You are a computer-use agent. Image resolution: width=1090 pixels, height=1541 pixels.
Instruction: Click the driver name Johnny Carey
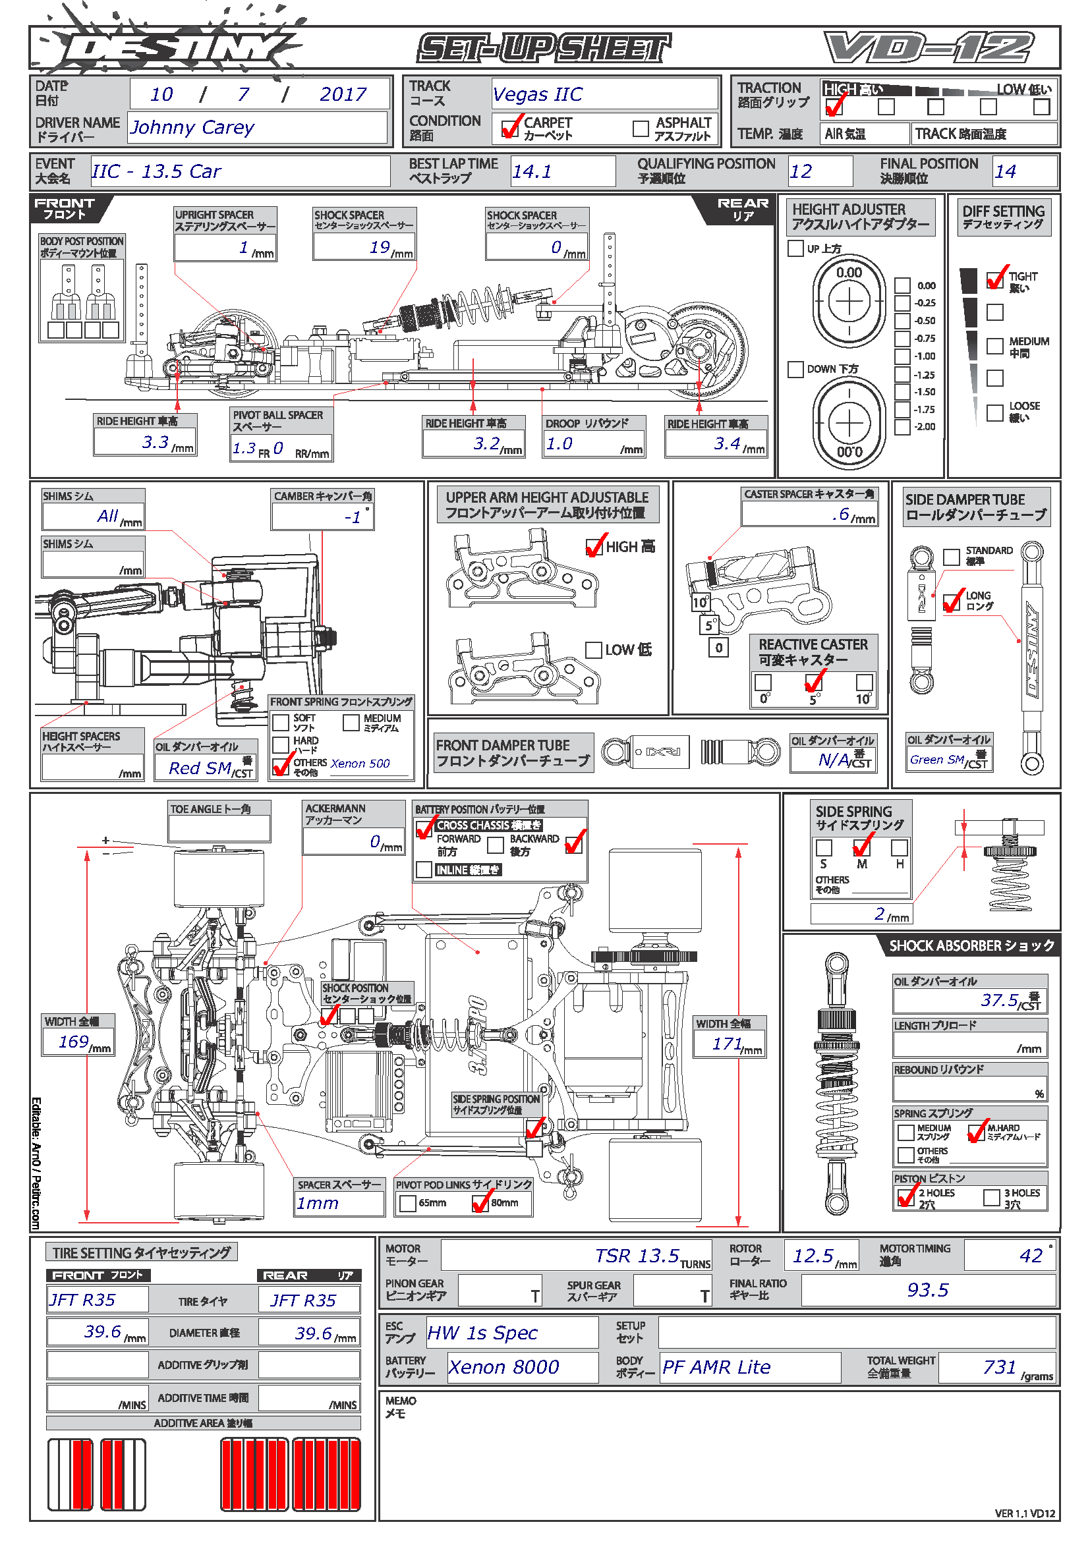[x=192, y=127]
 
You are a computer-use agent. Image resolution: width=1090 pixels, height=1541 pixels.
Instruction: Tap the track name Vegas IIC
[x=538, y=94]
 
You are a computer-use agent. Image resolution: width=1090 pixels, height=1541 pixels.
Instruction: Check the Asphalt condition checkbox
[x=641, y=128]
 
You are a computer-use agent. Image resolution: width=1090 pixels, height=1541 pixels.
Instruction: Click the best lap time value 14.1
[x=532, y=171]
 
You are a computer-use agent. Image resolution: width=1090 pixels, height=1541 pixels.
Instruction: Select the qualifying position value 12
[x=801, y=171]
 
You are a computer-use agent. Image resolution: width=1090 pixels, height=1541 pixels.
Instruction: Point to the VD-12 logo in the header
[x=930, y=47]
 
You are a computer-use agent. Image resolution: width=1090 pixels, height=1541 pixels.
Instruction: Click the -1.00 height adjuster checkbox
[x=902, y=356]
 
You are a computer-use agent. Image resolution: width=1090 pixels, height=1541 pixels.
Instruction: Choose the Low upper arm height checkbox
[x=593, y=650]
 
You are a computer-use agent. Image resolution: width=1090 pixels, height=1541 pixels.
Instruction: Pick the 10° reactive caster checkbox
[x=865, y=682]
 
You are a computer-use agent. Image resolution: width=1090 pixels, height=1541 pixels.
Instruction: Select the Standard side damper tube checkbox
[x=951, y=557]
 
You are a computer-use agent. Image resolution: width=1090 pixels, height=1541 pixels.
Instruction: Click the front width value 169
[x=74, y=1042]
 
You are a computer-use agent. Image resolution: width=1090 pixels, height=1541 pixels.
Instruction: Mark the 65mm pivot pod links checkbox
[x=407, y=1204]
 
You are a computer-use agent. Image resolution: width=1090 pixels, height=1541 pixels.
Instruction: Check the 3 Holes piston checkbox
[x=991, y=1197]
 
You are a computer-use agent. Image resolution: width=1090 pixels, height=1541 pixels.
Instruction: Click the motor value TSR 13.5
[x=637, y=1256]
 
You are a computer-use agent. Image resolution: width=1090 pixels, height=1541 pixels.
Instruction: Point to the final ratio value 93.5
[x=928, y=1289]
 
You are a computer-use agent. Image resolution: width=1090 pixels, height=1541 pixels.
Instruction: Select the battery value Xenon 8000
[x=503, y=1367]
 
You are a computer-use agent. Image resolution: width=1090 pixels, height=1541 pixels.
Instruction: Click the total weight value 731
[x=1000, y=1367]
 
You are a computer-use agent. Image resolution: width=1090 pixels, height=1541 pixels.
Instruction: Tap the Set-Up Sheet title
[x=544, y=48]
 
